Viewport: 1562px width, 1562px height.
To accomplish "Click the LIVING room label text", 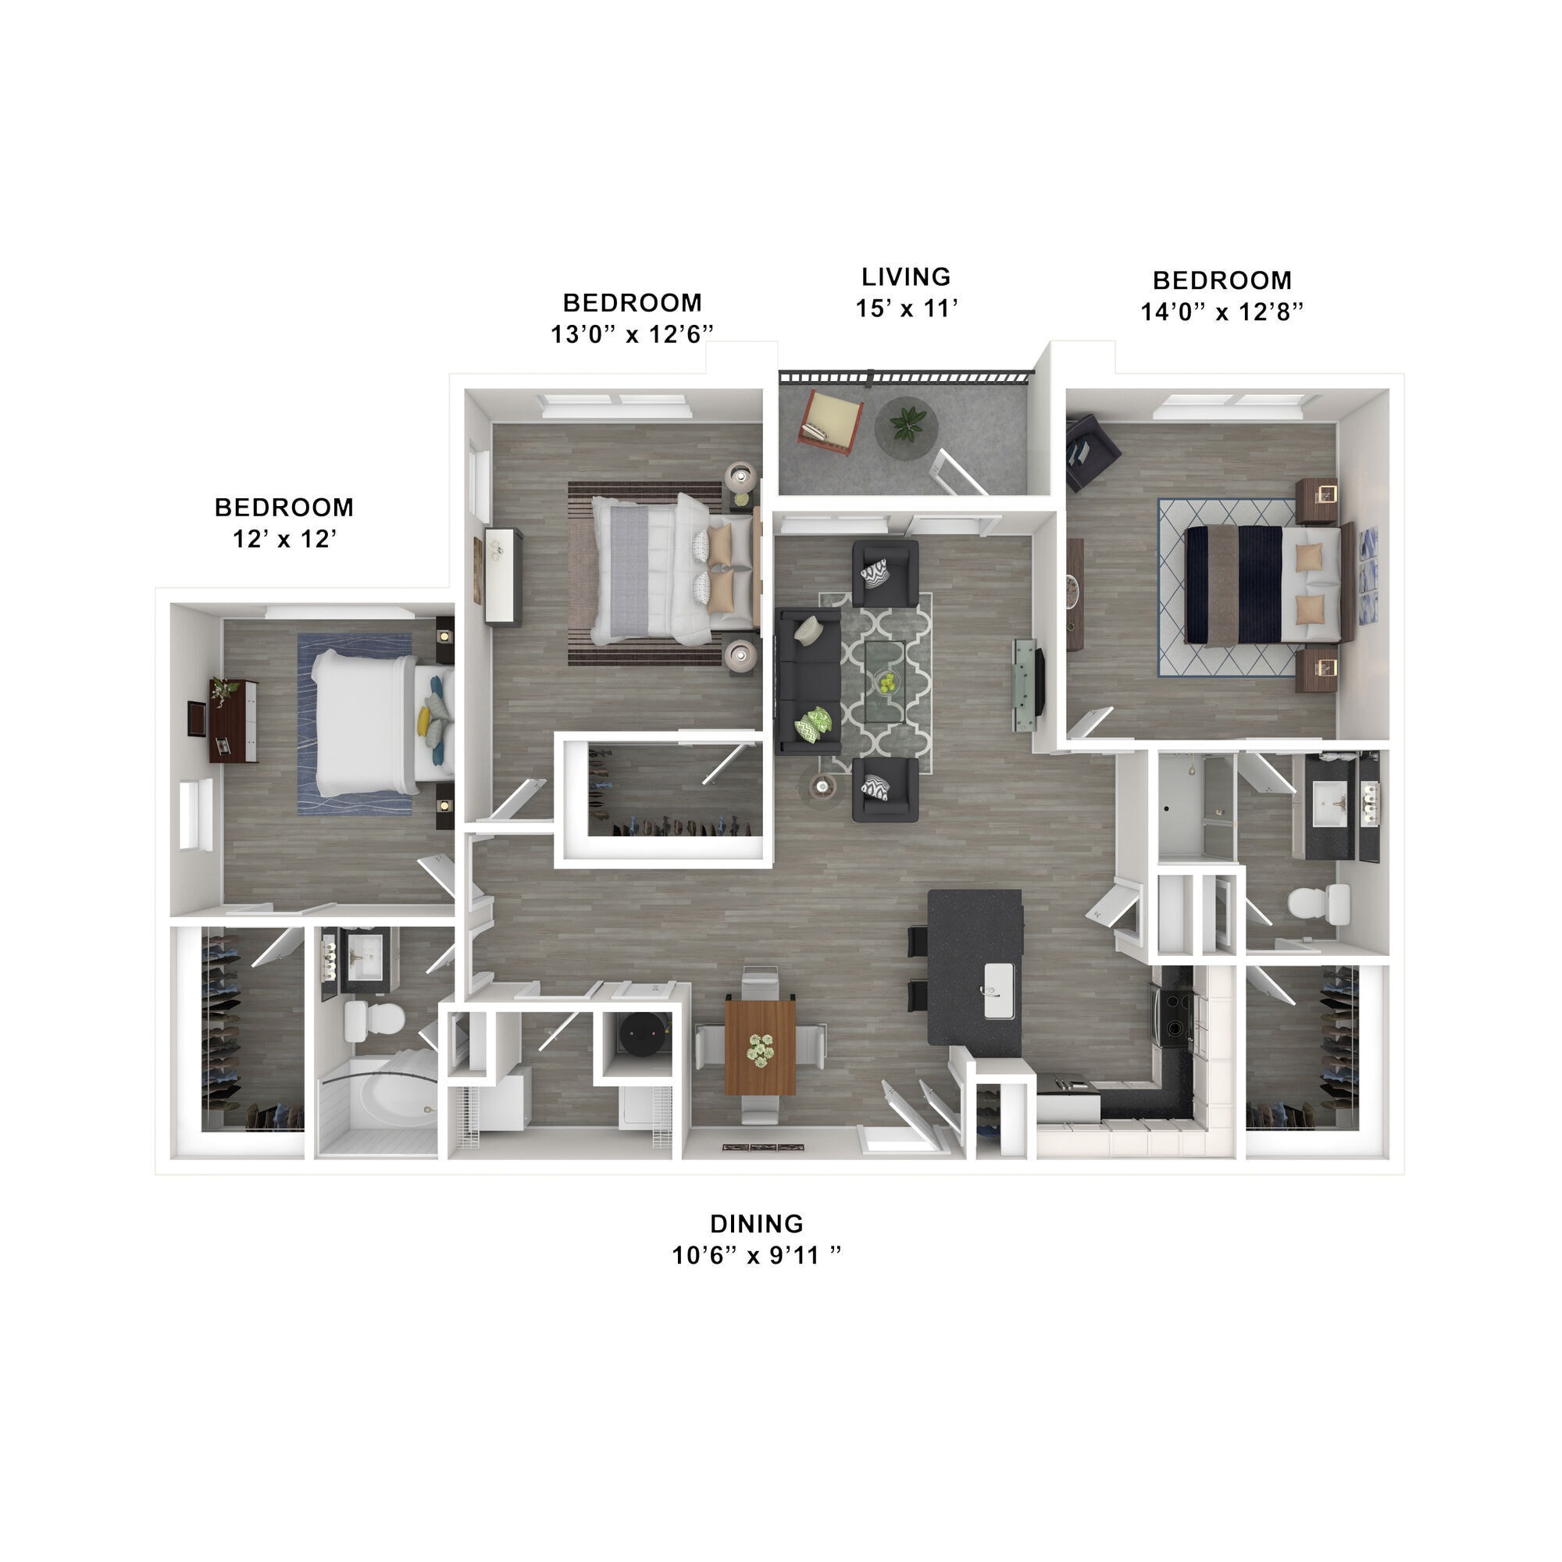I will click(905, 277).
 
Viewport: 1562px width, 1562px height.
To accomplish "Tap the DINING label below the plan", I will click(756, 1223).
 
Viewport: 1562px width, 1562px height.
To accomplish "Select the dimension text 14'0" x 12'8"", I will click(1221, 312).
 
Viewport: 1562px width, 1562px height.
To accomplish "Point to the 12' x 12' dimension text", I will click(284, 539).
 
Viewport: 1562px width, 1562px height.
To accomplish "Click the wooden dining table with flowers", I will click(759, 1047).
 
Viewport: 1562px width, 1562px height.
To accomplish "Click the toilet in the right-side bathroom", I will click(1318, 904).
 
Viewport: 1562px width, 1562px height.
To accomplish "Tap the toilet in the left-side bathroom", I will click(373, 1020).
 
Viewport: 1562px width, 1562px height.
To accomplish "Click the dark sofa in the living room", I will click(807, 681).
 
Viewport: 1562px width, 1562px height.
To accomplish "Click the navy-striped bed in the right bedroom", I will click(1261, 584).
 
